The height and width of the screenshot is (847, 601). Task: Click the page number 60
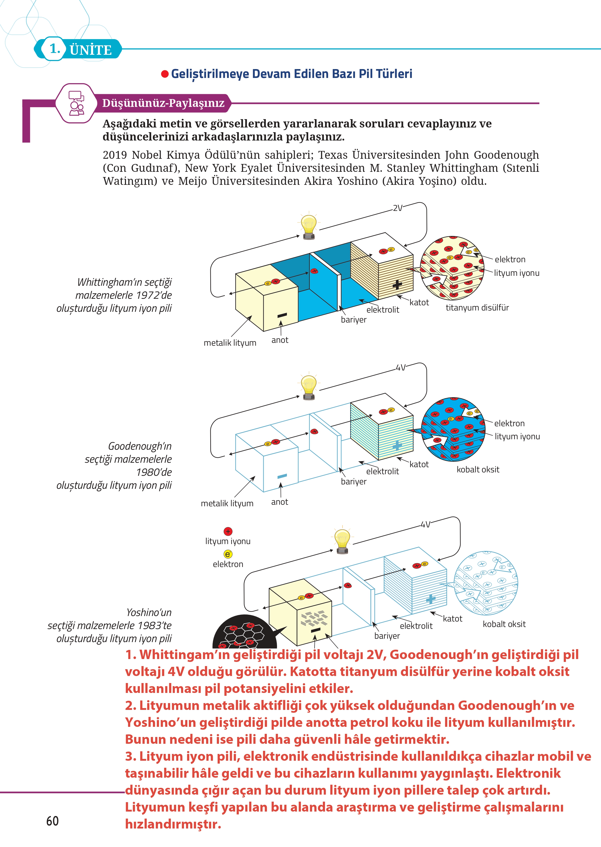(x=52, y=821)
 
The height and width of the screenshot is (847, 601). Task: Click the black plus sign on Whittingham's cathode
(x=397, y=284)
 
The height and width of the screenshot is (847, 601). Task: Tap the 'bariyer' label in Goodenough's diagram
(x=353, y=481)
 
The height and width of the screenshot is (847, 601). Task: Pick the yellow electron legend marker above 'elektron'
(x=228, y=554)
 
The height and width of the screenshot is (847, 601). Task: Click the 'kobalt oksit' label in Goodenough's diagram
(x=478, y=469)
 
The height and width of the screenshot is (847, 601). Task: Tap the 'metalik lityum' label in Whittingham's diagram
(x=230, y=343)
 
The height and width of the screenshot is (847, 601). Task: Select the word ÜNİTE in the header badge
(x=91, y=50)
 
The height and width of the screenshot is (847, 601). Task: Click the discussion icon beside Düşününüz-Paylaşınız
(x=76, y=103)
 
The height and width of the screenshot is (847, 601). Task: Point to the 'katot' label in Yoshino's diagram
(x=452, y=618)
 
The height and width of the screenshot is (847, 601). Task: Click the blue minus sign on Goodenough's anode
(x=282, y=476)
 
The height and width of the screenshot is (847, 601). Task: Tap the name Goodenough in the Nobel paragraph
(x=506, y=155)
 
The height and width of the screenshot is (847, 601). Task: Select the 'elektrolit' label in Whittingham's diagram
(x=382, y=310)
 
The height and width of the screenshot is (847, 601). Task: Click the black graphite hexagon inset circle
(x=242, y=633)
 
